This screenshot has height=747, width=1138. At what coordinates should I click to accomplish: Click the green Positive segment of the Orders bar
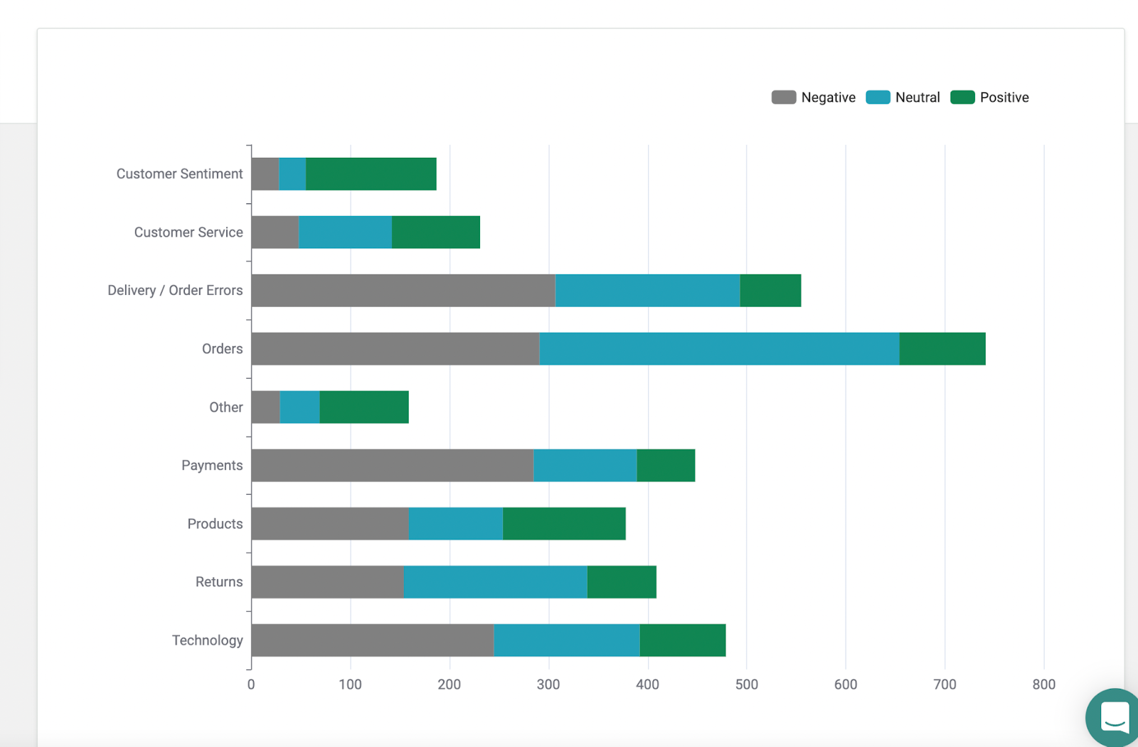[942, 349]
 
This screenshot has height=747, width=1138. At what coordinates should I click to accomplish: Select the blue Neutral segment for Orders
[719, 349]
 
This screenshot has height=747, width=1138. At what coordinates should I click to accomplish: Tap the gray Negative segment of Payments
[392, 466]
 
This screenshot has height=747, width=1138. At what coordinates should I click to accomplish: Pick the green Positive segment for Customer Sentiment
[371, 174]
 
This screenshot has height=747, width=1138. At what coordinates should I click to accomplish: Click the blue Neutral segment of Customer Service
[345, 232]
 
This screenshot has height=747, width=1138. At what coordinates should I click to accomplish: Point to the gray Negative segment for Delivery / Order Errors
[403, 291]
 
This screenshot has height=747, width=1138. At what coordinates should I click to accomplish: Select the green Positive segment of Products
[564, 524]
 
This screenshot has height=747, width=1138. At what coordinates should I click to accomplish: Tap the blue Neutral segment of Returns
[495, 582]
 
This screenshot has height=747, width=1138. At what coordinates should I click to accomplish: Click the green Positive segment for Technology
[682, 640]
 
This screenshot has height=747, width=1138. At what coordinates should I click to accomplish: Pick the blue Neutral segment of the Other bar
[299, 407]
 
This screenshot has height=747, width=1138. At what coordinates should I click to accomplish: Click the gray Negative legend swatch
[784, 97]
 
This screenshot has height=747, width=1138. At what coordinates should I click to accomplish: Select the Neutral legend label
[918, 97]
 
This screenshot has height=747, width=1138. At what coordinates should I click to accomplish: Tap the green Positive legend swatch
[962, 97]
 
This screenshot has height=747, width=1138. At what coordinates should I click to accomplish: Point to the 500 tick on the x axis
[746, 684]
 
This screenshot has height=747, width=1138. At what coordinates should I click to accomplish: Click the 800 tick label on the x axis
[1043, 684]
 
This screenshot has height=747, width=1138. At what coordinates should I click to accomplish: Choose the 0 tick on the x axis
[251, 684]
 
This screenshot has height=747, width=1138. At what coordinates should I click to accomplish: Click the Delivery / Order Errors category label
[175, 291]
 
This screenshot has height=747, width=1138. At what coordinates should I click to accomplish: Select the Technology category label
[207, 640]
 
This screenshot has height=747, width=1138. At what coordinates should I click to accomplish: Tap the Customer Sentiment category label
[179, 174]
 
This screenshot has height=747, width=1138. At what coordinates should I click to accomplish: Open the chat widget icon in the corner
[1114, 716]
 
